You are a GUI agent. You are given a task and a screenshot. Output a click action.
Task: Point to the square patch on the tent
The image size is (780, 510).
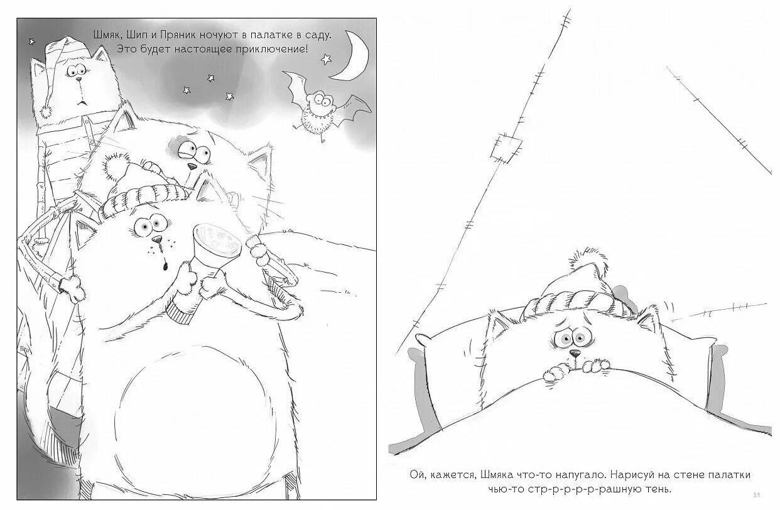coord(506,148)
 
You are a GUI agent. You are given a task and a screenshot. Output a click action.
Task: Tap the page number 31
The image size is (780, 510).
coord(756,495)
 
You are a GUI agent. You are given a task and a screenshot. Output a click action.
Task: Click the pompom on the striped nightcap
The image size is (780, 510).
coord(46,111)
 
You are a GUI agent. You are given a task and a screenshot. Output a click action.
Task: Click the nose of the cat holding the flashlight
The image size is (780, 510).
coord(156,239)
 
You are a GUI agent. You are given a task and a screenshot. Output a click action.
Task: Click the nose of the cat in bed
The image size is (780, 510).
coord(575,353)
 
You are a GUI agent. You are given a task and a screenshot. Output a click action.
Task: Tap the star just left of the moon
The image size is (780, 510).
coord(326,59)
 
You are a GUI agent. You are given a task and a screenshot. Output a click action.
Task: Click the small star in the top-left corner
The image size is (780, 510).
coord(31,41)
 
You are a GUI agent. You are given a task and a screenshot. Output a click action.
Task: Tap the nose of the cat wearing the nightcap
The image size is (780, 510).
coord(79,80)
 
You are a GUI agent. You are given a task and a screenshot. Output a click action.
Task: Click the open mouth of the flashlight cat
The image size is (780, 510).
coord(165,266)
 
